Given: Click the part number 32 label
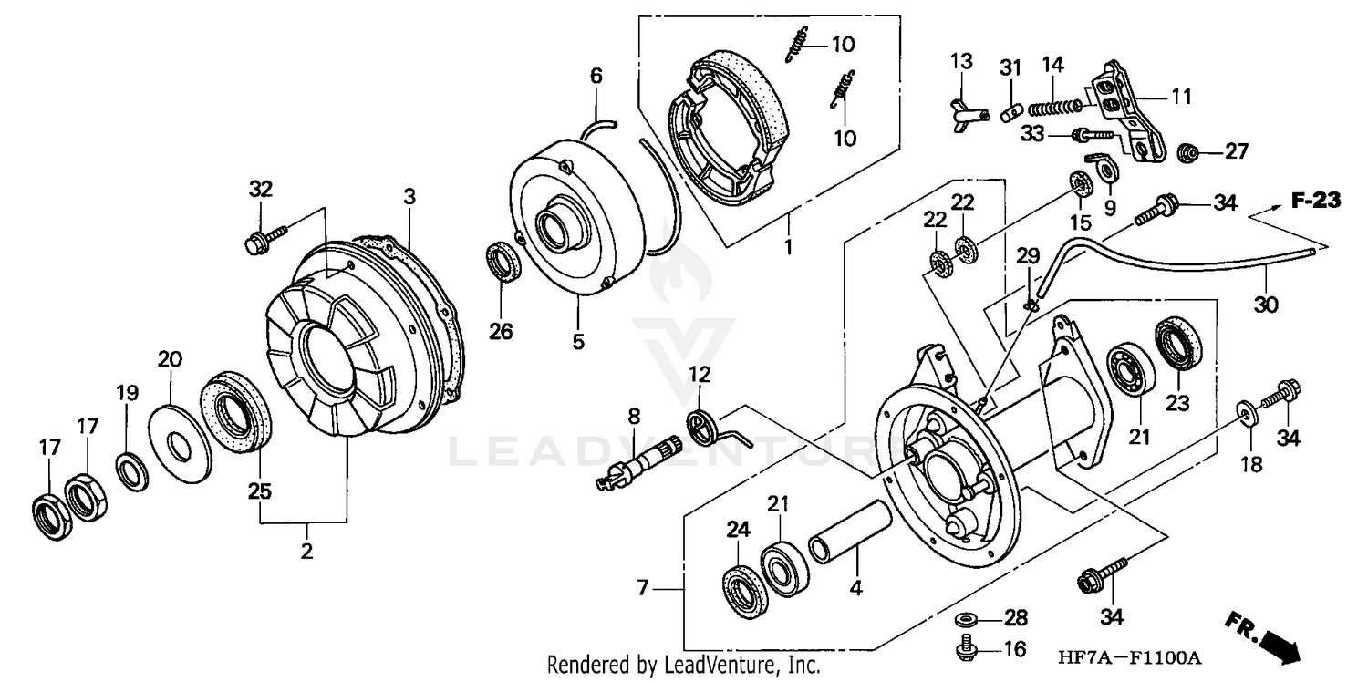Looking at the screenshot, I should pos(261,190).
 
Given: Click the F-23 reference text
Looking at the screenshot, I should pos(1315,201).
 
